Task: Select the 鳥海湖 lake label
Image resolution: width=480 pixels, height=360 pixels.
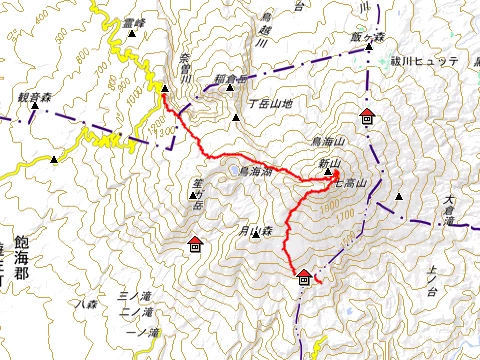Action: [258, 171]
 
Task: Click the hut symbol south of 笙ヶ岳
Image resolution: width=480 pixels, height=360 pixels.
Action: [195, 243]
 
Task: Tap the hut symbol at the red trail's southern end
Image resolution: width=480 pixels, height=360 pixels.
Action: [304, 277]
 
